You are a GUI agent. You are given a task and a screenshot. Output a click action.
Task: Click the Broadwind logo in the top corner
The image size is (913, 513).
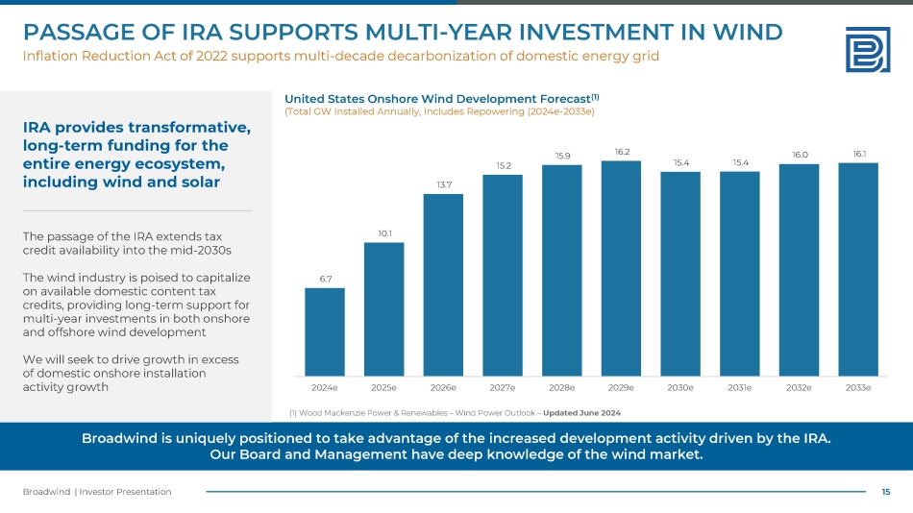866,49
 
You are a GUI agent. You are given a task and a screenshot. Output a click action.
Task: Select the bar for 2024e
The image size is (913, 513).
325,331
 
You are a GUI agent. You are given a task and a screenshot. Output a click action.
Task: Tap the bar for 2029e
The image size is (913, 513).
621,268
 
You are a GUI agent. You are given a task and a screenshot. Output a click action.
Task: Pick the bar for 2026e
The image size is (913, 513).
443,284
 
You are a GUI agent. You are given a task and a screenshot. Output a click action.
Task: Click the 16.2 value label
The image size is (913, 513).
622,152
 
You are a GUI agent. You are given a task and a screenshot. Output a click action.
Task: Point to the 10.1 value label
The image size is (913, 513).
383,233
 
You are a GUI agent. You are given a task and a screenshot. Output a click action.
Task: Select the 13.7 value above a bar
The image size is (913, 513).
443,184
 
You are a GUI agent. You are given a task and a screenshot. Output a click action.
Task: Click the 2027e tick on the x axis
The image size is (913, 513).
503,387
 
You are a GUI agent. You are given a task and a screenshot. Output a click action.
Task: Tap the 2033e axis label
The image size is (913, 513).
858,387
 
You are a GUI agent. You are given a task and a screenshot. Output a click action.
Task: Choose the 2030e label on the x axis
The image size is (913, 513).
680,387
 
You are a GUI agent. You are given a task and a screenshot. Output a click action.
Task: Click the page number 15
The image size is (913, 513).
886,492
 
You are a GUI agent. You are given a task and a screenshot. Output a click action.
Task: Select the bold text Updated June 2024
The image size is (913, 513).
582,412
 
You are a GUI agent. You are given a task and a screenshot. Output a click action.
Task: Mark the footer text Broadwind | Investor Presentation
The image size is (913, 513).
97,492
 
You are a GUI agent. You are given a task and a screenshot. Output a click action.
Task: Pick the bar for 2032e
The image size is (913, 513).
799,270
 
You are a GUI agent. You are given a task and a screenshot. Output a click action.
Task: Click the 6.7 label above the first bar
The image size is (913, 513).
325,279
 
